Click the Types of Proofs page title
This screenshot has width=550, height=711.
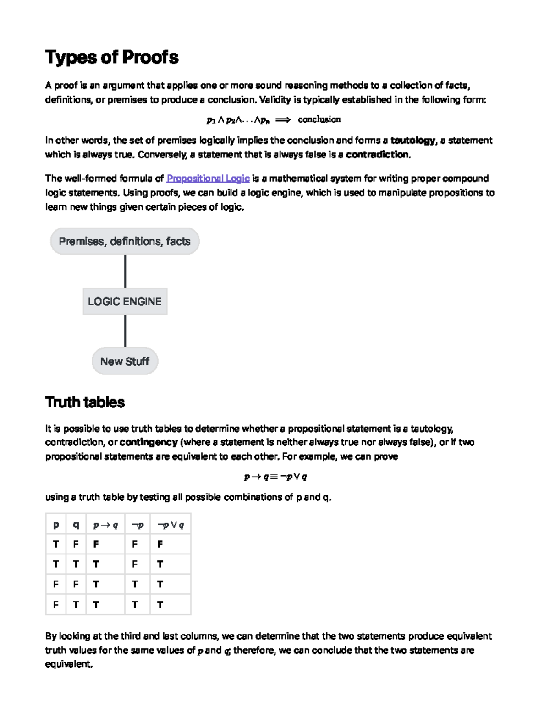tap(112, 57)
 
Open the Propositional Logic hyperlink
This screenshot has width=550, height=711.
tap(208, 179)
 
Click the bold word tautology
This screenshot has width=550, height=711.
tap(412, 141)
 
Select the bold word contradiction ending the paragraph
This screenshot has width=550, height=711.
tap(378, 155)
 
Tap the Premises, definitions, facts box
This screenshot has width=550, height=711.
tap(125, 241)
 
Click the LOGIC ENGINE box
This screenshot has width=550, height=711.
tap(125, 301)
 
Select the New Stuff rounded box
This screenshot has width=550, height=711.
tap(125, 362)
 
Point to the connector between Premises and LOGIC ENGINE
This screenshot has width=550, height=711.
tap(125, 271)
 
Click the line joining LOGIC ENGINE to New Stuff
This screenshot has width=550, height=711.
tap(125, 331)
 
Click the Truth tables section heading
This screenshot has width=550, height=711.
tap(85, 402)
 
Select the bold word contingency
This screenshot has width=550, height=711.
tap(148, 443)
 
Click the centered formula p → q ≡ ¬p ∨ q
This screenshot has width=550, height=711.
tap(275, 477)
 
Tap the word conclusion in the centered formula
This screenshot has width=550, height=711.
tap(319, 120)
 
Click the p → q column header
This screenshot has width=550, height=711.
tap(105, 525)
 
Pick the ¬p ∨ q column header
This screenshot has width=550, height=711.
tap(170, 525)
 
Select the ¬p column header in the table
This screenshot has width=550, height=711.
tap(137, 525)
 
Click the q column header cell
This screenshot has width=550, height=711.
tap(76, 525)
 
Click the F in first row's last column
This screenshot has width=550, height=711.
tap(160, 544)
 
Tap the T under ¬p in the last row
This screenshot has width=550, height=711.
tap(135, 605)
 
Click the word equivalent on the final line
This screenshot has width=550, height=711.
tap(68, 664)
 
